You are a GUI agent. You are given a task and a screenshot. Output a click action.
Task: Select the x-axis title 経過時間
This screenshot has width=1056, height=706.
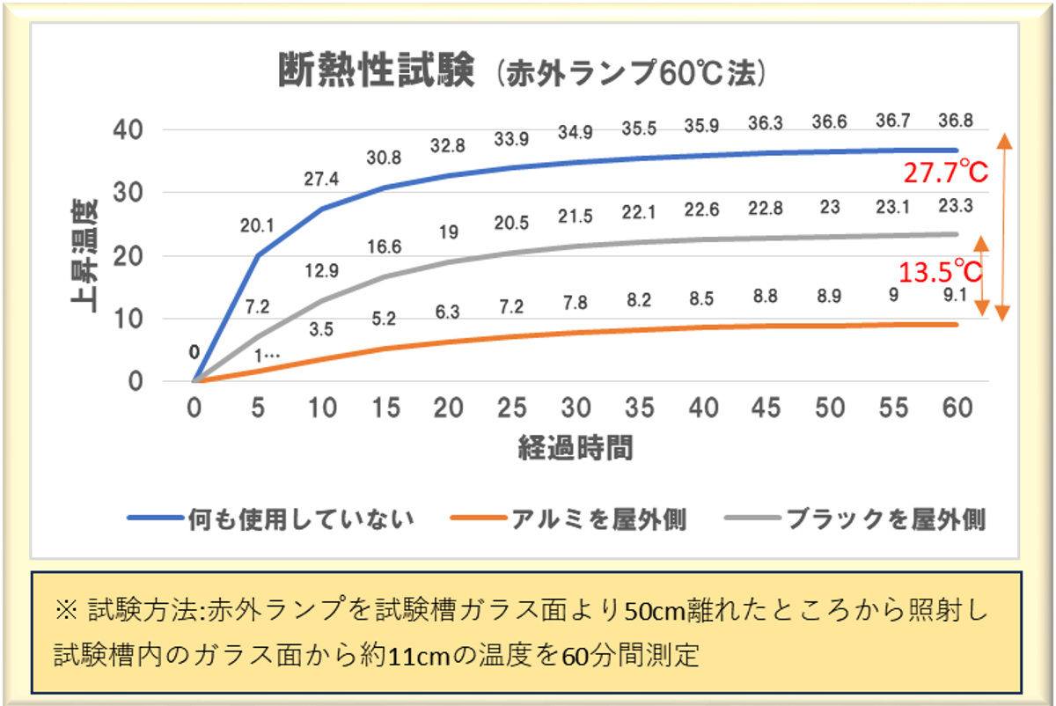coord(576,448)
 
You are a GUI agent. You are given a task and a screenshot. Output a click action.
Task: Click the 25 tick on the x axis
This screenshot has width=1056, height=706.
coord(511,408)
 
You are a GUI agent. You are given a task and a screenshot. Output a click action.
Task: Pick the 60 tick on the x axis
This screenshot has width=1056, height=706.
coord(957,408)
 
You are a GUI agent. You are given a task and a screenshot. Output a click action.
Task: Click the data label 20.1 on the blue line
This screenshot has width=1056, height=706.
coord(257,226)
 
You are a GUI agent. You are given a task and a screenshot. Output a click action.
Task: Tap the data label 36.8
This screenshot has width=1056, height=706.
coord(955,121)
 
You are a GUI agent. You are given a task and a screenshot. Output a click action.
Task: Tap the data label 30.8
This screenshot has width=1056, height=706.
coord(384,158)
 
